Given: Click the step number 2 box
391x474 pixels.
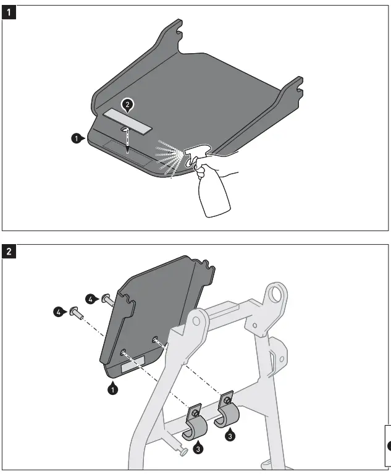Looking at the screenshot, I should tap(9, 251).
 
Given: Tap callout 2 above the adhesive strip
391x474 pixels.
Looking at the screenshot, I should tap(127, 105).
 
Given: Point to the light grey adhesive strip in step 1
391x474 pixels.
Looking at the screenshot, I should tap(127, 120).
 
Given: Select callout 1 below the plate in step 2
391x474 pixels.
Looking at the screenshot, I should tap(112, 389).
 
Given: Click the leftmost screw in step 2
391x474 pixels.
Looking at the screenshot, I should tap(75, 311).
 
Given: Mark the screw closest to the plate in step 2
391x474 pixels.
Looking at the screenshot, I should tap(107, 300).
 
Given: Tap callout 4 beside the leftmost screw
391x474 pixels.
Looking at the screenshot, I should tap(58, 313).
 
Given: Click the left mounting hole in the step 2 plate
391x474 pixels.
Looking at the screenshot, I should tap(124, 351).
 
